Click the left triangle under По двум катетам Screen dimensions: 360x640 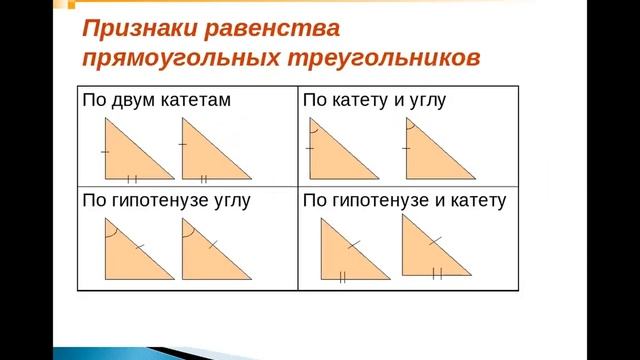pyautogui.click(x=124, y=159)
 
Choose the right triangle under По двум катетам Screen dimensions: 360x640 pyautogui.click(x=201, y=159)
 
